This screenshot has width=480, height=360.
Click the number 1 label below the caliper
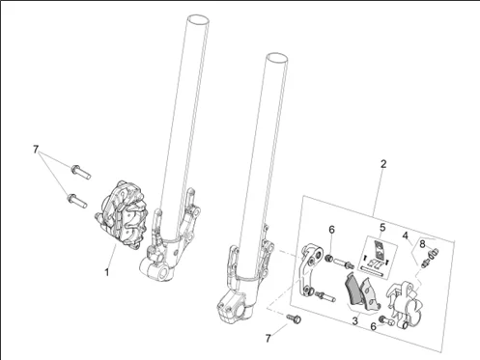(x=106, y=272)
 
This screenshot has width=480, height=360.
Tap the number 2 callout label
(x=383, y=164)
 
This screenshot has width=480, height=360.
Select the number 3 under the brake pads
(x=354, y=320)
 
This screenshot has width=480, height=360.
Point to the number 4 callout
(x=406, y=235)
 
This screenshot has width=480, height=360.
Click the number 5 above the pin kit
(x=382, y=228)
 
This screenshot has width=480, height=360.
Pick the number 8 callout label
(x=422, y=244)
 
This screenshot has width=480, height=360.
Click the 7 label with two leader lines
(x=36, y=150)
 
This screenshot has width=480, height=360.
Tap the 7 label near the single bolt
(x=268, y=338)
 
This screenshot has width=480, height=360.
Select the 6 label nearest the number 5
(x=331, y=230)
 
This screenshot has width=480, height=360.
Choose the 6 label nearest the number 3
(x=373, y=327)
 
